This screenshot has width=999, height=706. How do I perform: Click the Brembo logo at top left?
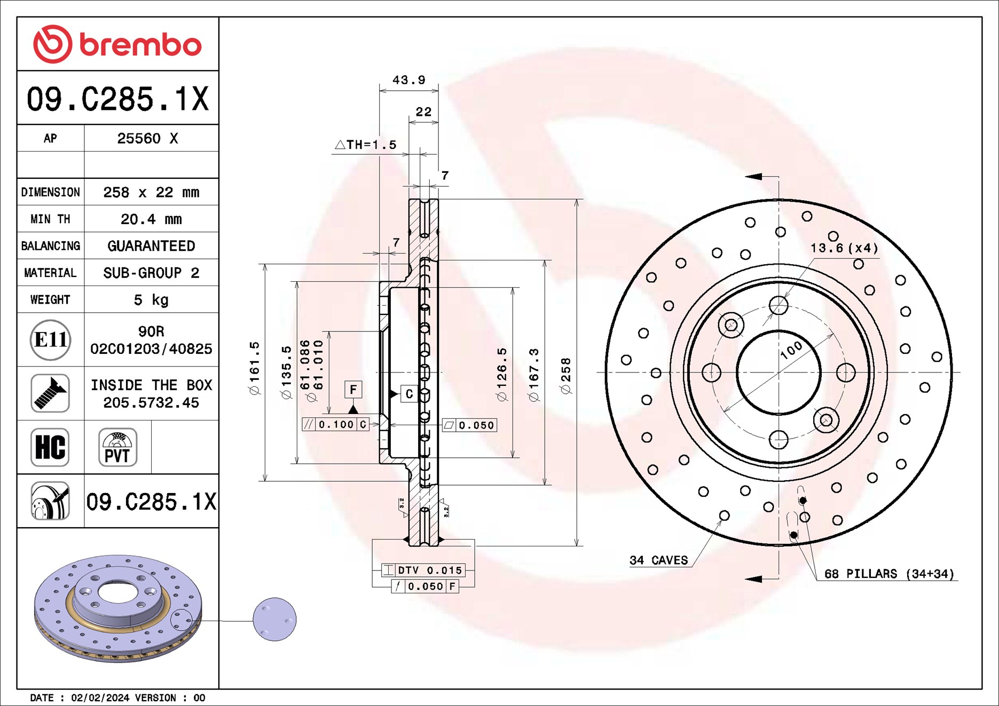tap(117, 44)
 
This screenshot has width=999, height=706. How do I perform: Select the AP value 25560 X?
tap(147, 139)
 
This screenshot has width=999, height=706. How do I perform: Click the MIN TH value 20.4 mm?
tap(151, 219)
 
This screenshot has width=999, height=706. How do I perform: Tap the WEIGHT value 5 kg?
tap(151, 300)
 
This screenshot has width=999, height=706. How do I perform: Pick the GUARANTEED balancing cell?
tap(151, 246)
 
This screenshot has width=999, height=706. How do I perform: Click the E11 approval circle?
tap(50, 340)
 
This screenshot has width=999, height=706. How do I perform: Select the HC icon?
tap(50, 447)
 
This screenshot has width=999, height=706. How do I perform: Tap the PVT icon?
tap(117, 447)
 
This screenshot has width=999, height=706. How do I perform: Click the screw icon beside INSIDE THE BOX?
tap(50, 393)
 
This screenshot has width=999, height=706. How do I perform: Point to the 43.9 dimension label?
tap(409, 80)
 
